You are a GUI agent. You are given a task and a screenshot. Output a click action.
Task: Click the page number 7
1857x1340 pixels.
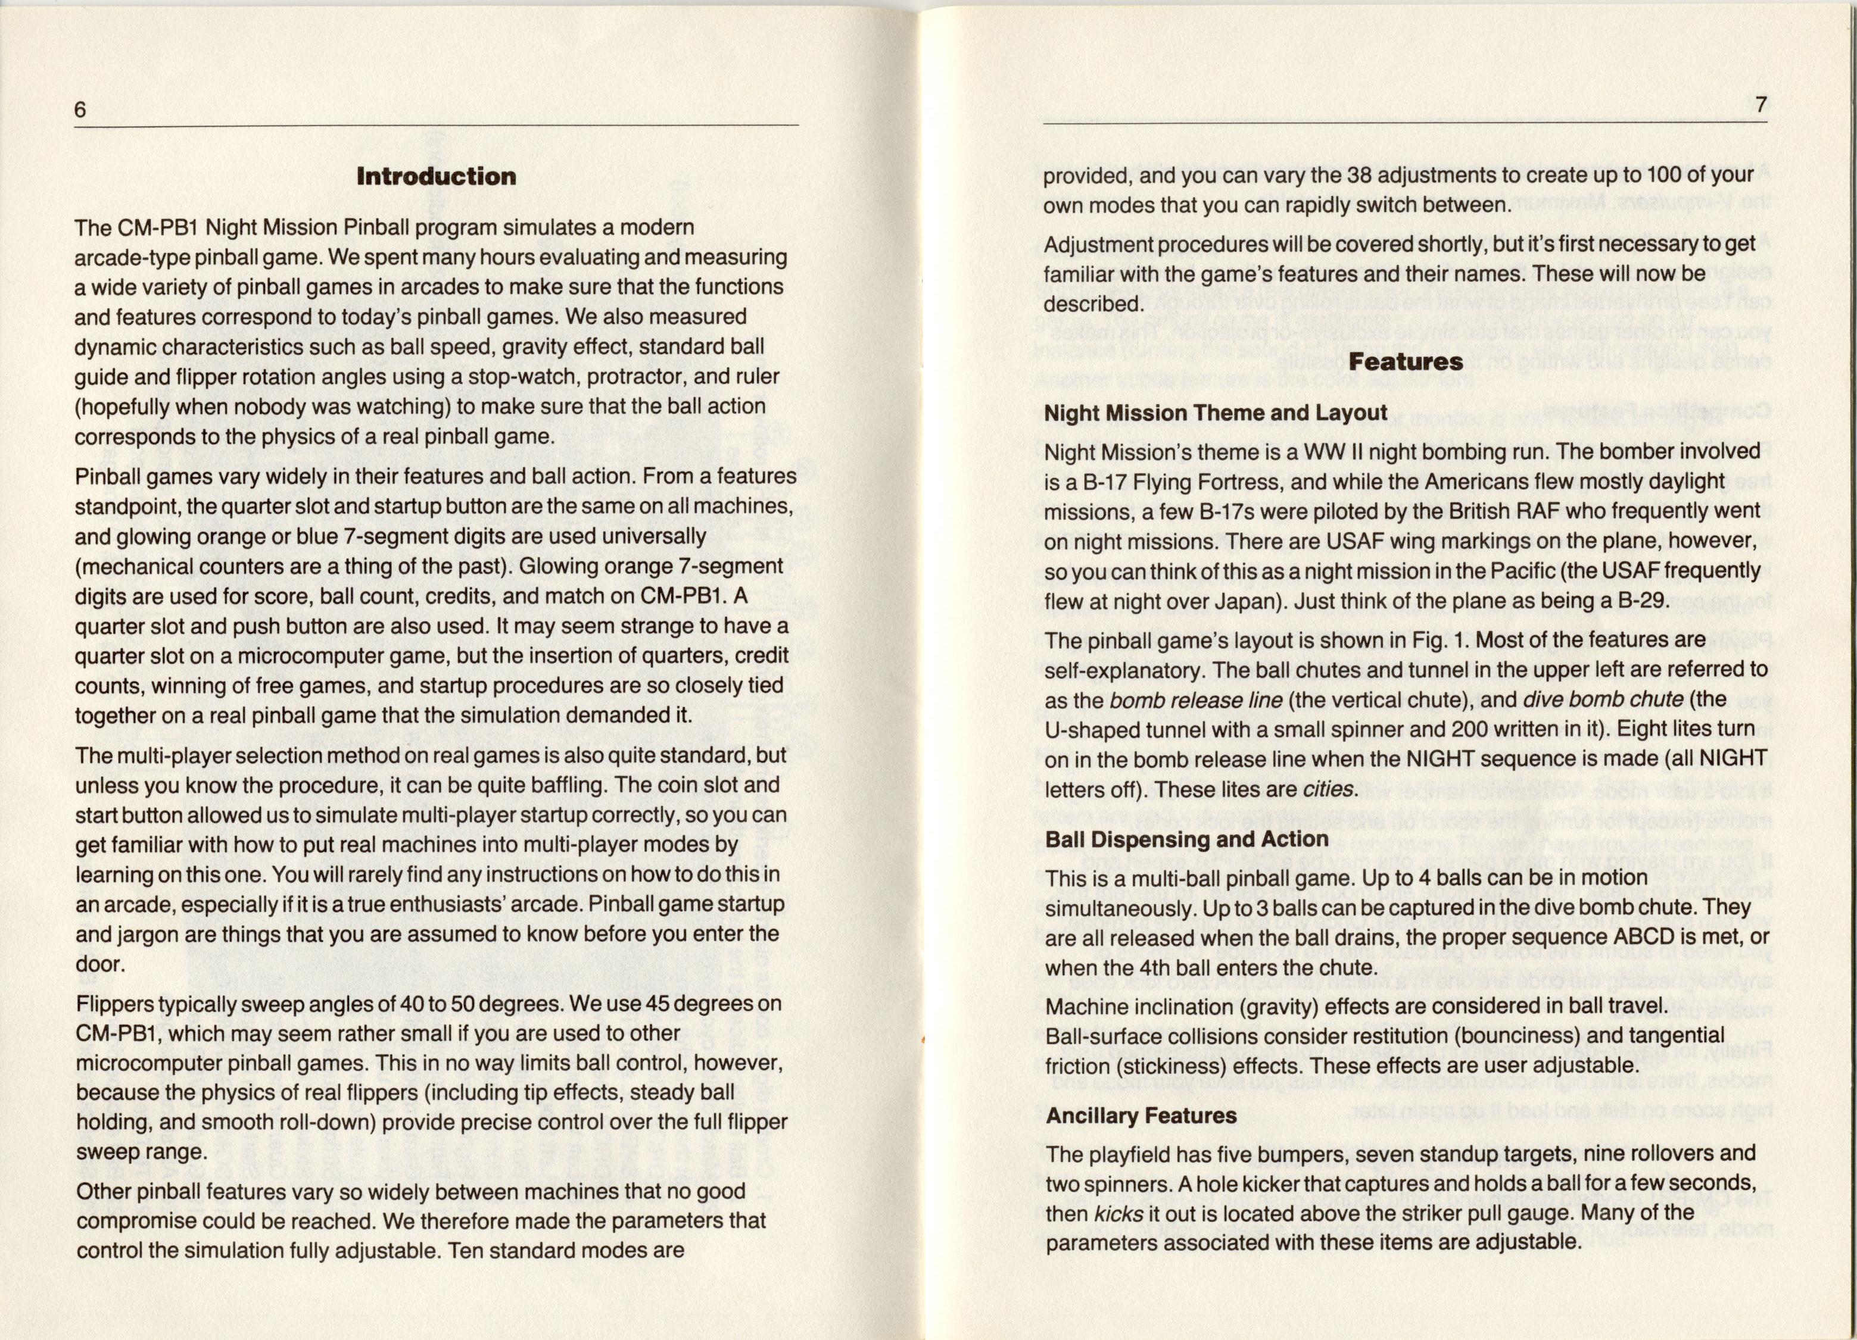coord(1761,105)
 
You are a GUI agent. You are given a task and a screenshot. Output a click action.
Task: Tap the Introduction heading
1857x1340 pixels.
coord(437,176)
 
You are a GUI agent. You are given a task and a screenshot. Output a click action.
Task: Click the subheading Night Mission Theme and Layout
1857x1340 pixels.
coord(1215,413)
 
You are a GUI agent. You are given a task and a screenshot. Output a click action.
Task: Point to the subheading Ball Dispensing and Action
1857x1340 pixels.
coord(1186,839)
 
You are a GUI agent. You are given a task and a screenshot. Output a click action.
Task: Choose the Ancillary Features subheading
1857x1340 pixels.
coord(1141,1115)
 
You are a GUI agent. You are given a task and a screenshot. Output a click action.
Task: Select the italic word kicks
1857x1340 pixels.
coord(1118,1213)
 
